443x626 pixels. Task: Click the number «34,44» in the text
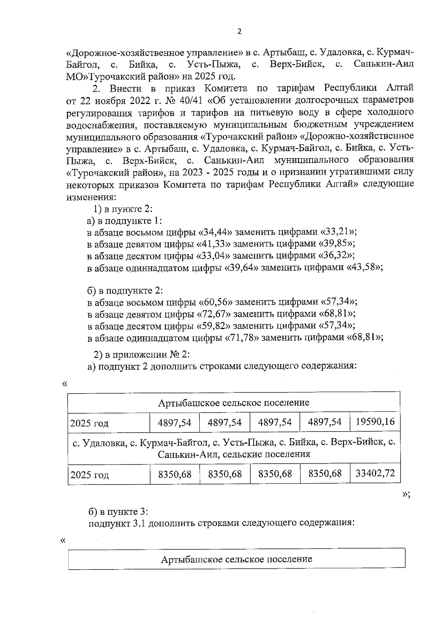(x=215, y=232)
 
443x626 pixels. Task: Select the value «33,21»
(x=339, y=232)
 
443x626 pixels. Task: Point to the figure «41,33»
(x=213, y=244)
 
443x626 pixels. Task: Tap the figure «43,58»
(x=364, y=268)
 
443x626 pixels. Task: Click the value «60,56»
(x=215, y=302)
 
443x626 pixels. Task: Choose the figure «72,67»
(x=213, y=314)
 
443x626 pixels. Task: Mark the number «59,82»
(x=213, y=326)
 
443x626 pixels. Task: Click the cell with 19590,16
(x=375, y=422)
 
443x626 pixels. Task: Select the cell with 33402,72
(x=375, y=473)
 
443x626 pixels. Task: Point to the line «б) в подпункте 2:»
(x=125, y=291)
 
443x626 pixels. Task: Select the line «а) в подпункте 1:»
(x=124, y=221)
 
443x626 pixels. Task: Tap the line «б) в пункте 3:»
(x=118, y=512)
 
